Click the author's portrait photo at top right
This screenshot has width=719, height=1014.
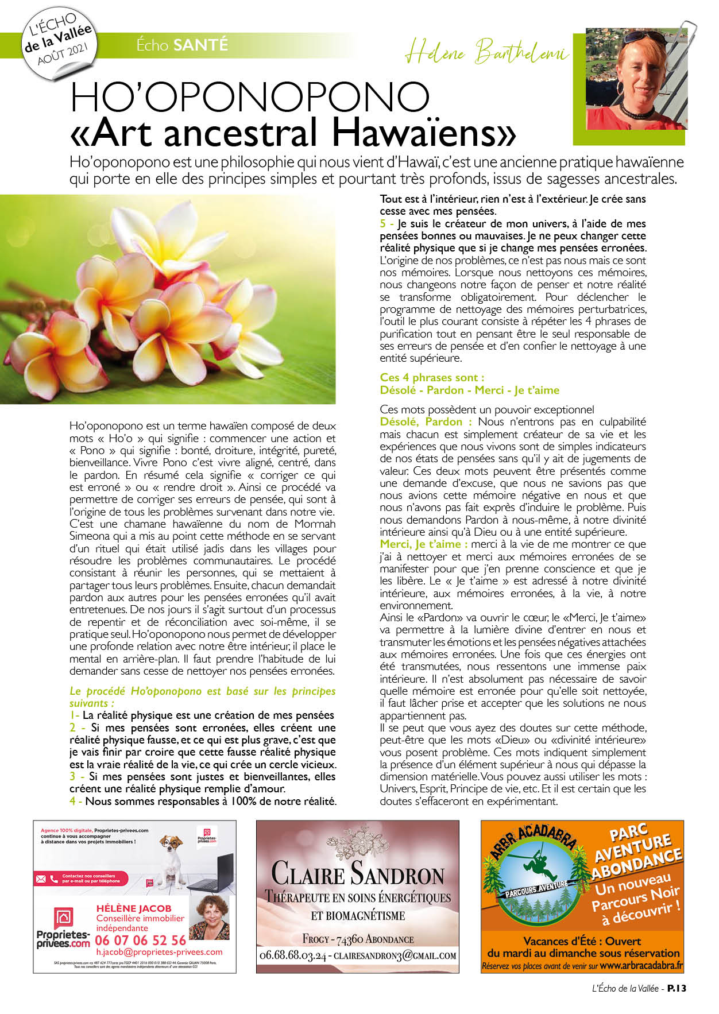(636, 79)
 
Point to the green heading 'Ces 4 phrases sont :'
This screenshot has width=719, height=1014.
(432, 377)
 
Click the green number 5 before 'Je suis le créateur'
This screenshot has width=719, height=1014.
(383, 224)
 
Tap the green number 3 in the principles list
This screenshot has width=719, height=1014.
(73, 776)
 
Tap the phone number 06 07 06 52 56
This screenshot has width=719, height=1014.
(140, 941)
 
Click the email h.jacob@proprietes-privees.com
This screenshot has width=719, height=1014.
(159, 952)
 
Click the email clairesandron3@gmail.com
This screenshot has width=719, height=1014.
(395, 956)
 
